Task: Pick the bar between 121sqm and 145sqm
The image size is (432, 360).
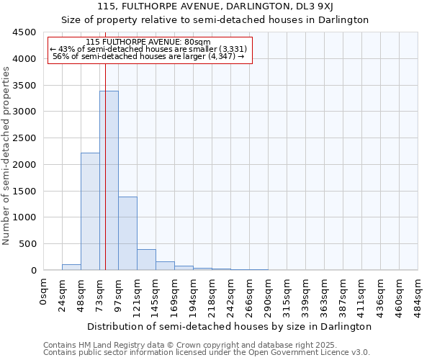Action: [146, 260]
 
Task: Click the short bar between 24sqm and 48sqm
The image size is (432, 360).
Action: [71, 267]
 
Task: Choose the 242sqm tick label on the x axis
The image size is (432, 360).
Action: [231, 295]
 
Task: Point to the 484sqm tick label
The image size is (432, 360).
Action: [418, 295]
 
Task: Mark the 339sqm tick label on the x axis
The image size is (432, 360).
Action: [306, 295]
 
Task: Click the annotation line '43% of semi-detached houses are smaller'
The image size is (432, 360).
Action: [148, 49]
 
